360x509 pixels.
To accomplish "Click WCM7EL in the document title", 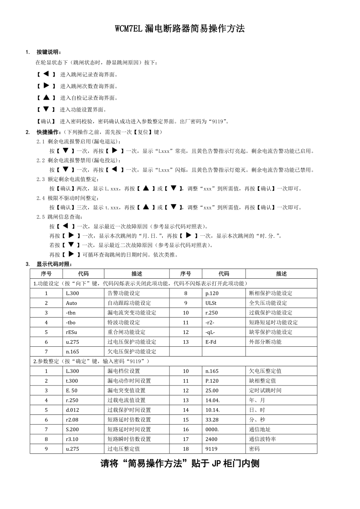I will (x=129, y=29).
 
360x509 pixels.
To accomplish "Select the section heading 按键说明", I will (x=49, y=52).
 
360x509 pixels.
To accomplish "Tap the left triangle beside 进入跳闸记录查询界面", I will (x=46, y=74).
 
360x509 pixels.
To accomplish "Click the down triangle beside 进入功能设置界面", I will (x=46, y=109).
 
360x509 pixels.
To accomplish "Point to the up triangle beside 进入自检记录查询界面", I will (x=46, y=97).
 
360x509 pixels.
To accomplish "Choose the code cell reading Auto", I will (x=72, y=303).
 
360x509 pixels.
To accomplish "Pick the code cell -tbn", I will (x=71, y=313).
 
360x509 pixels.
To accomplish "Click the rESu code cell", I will (x=72, y=332).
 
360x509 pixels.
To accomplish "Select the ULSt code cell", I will (x=211, y=303).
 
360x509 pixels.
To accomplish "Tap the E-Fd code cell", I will (x=211, y=342).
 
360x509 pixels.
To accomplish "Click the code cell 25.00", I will (x=212, y=391).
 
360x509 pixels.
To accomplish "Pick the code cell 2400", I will (x=211, y=439).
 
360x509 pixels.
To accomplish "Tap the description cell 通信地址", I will (x=259, y=429).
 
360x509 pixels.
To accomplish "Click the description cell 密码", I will (x=254, y=449).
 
